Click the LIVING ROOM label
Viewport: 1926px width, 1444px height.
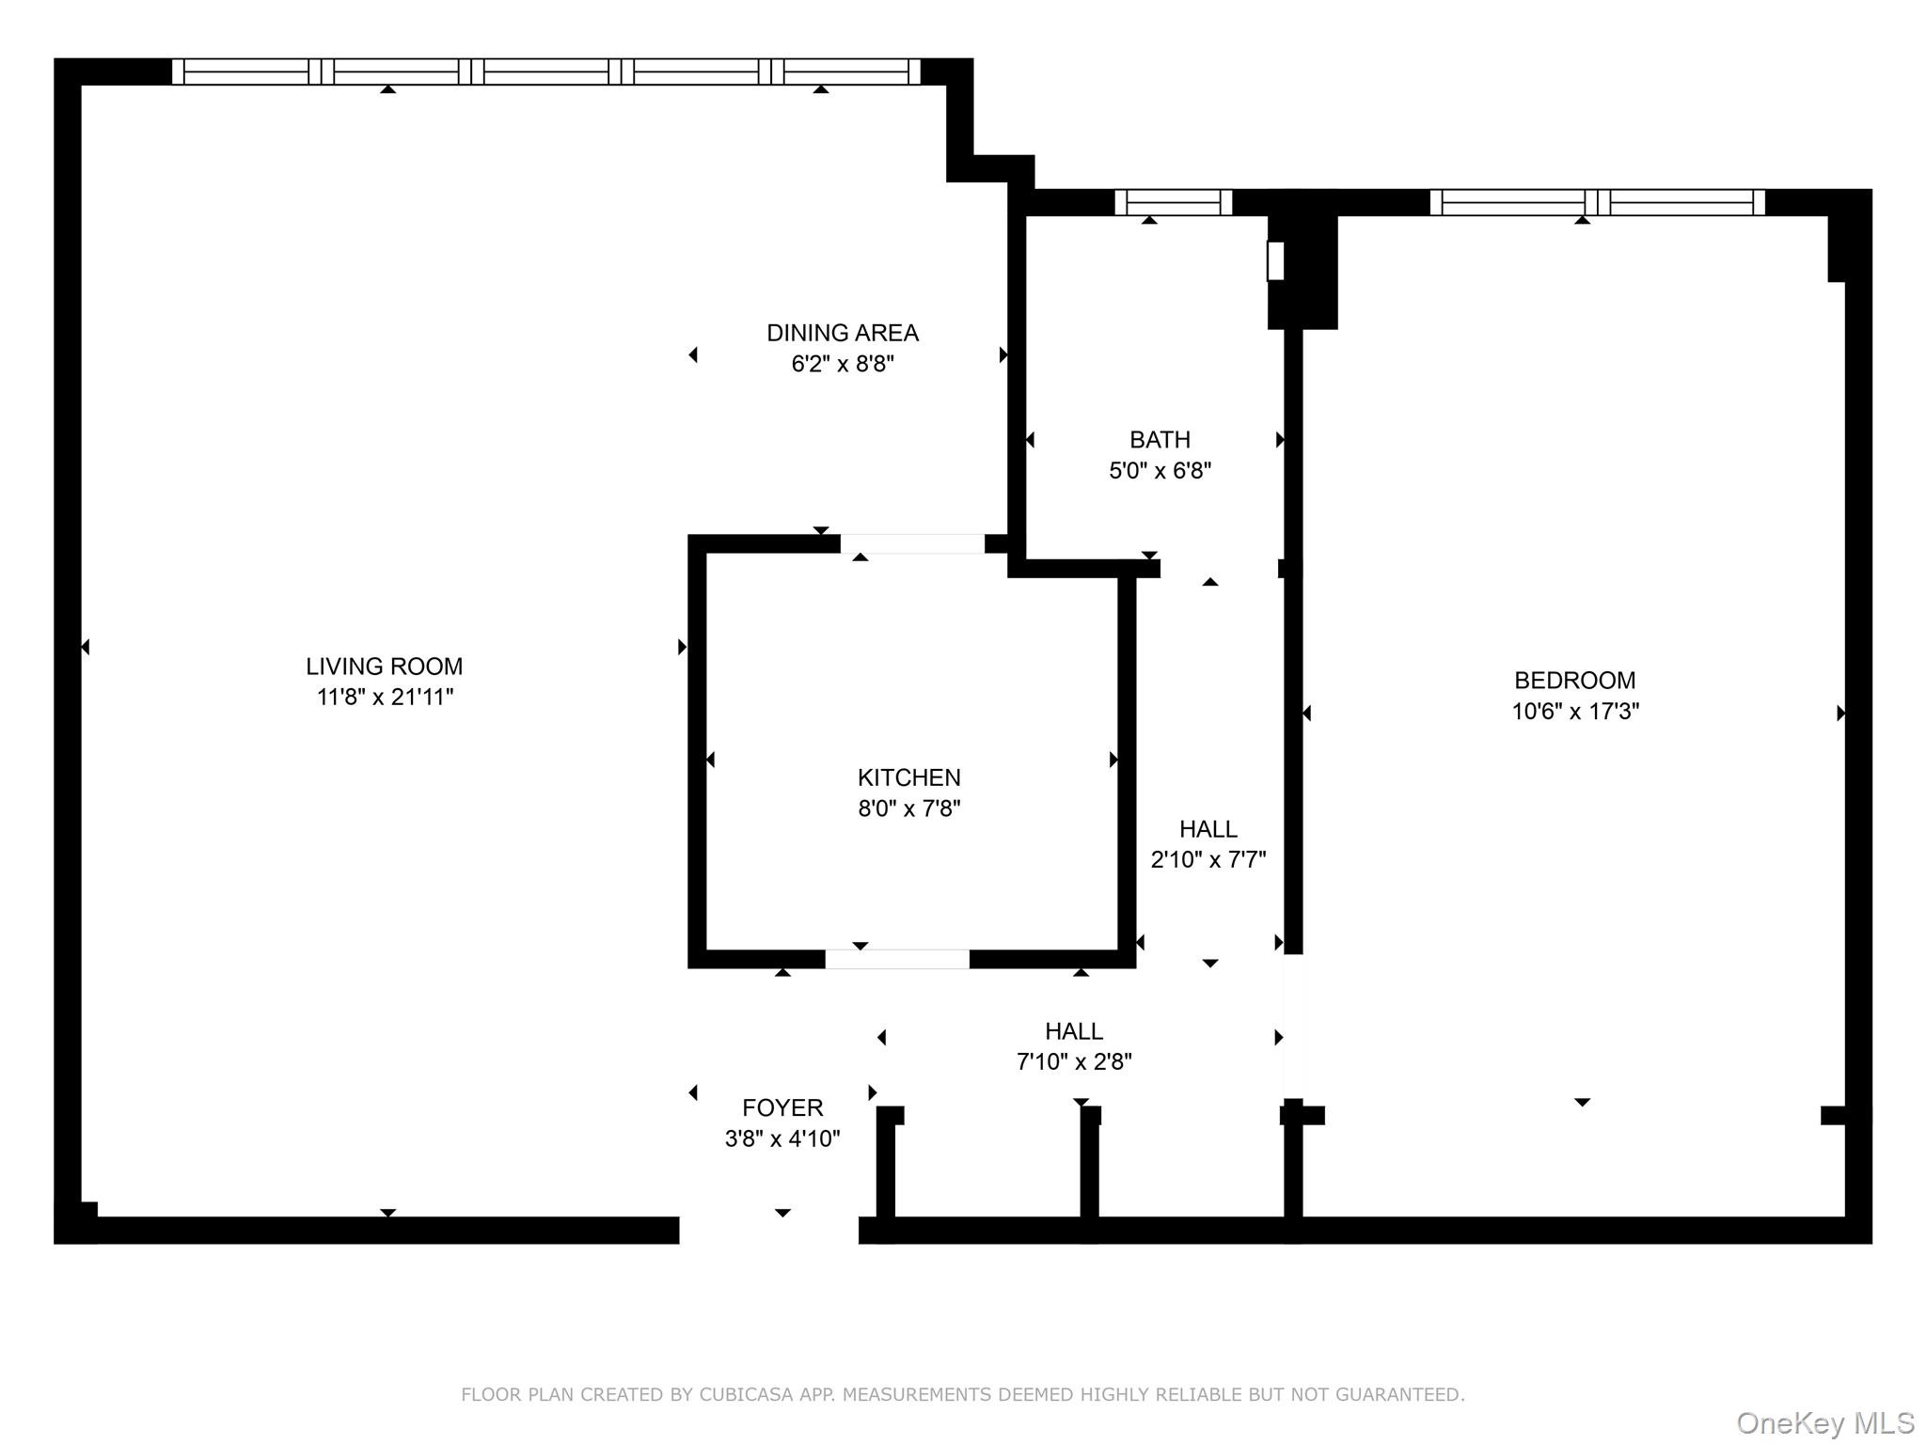tap(384, 667)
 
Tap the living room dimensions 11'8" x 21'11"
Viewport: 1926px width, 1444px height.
tap(385, 697)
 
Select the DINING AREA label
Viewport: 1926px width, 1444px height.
tap(843, 333)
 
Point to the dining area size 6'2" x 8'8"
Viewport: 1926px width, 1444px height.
tap(843, 364)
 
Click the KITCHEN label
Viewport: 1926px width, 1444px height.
tap(909, 777)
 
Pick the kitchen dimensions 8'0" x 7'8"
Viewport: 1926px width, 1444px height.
tap(909, 808)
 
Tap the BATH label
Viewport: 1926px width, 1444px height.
tap(1160, 440)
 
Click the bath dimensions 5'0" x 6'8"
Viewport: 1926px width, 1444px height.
tap(1160, 470)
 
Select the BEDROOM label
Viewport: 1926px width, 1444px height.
tap(1575, 681)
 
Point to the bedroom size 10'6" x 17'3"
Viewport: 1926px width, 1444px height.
tap(1575, 712)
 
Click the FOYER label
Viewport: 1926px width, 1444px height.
tap(782, 1108)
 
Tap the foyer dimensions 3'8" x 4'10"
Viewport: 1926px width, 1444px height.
tap(782, 1139)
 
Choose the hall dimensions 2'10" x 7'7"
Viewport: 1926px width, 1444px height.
tap(1208, 859)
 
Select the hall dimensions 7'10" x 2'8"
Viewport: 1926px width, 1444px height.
tap(1074, 1061)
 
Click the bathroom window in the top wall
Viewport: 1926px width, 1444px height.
tap(1173, 202)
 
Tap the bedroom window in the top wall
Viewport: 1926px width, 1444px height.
tap(1597, 202)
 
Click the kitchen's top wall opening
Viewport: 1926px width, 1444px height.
tap(912, 543)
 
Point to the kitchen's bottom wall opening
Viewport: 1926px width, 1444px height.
tap(897, 959)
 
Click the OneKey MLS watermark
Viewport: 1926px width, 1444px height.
tap(1825, 1423)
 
